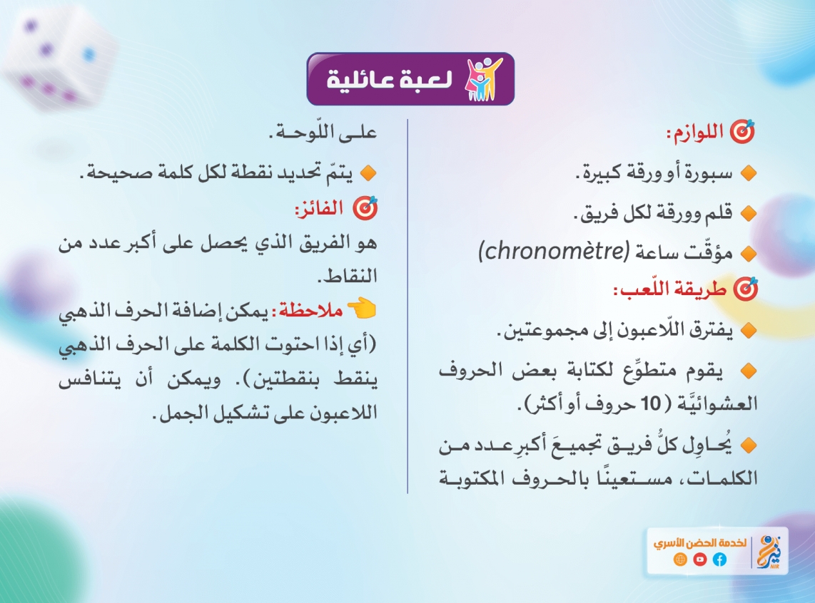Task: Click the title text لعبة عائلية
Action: (390, 79)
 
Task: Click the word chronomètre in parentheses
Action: (554, 251)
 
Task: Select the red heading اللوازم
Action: (695, 133)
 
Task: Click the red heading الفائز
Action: (318, 209)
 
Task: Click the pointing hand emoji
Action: (362, 308)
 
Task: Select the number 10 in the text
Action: (650, 403)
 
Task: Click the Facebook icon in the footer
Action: (719, 560)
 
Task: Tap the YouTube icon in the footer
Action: (699, 560)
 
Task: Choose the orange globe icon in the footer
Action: (680, 560)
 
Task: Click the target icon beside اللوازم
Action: (743, 133)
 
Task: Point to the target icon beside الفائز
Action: (365, 208)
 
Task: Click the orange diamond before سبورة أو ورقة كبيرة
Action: (749, 172)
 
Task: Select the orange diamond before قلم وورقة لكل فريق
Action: (749, 213)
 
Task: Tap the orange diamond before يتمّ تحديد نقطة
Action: (368, 172)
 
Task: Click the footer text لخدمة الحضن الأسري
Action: (699, 543)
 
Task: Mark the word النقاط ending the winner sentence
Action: (348, 276)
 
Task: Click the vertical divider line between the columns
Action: (407, 306)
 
